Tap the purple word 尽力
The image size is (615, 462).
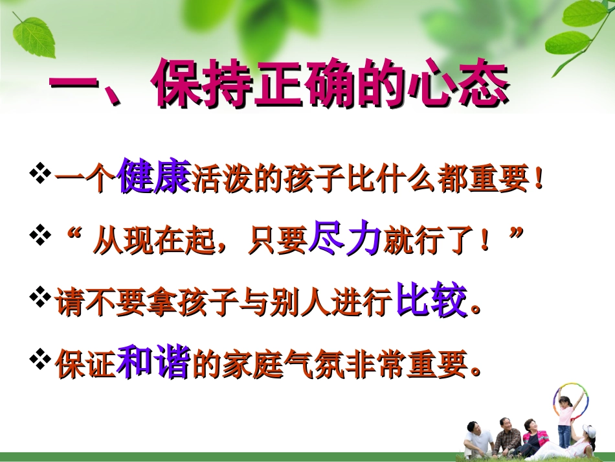click(345, 238)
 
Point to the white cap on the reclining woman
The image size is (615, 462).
click(589, 430)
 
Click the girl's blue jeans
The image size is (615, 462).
click(565, 435)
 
